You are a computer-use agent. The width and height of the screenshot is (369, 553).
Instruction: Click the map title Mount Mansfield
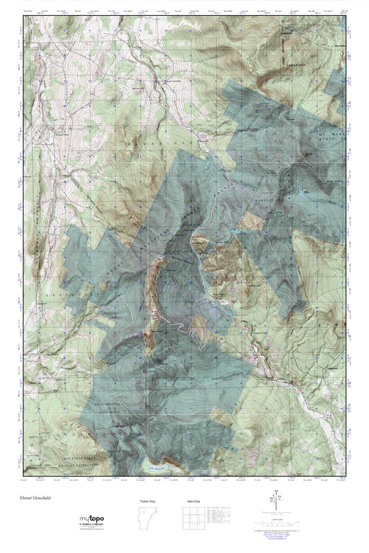click(x=35, y=496)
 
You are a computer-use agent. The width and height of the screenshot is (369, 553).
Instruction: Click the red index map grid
click(x=193, y=519)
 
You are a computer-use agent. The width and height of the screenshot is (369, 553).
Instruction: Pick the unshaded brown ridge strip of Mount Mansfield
click(x=155, y=276)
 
